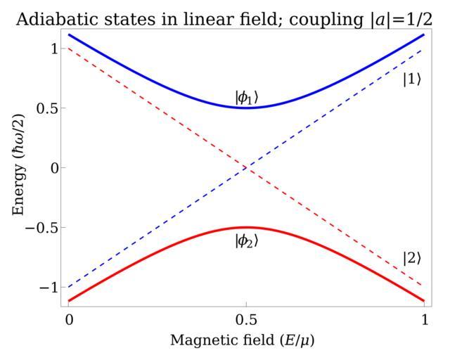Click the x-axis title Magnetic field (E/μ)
247,340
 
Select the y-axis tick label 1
51,49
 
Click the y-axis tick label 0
51,168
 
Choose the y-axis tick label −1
46,287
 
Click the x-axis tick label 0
68,319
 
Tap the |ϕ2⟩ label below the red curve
247,240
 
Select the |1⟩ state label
412,79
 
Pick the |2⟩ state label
412,258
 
